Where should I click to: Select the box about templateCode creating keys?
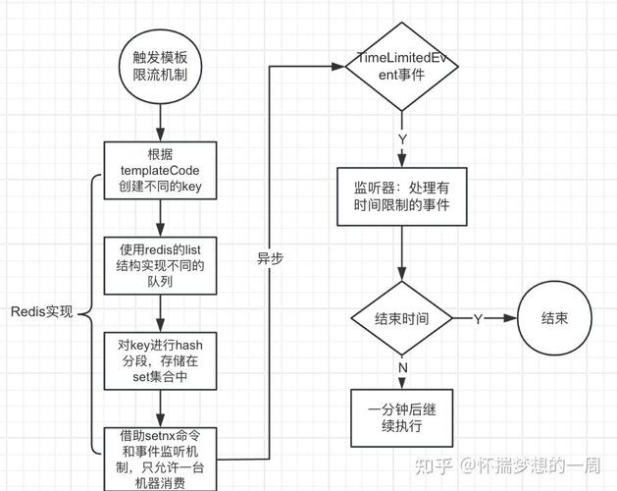click(x=159, y=171)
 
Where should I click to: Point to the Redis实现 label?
click(x=41, y=313)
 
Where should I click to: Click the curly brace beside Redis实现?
click(x=88, y=313)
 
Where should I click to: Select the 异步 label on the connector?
click(x=270, y=258)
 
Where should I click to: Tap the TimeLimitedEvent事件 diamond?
click(x=402, y=65)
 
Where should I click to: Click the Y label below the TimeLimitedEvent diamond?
click(x=401, y=138)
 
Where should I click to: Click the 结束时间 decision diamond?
click(x=401, y=319)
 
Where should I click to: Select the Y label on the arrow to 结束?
click(x=478, y=319)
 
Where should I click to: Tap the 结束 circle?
click(x=553, y=319)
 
